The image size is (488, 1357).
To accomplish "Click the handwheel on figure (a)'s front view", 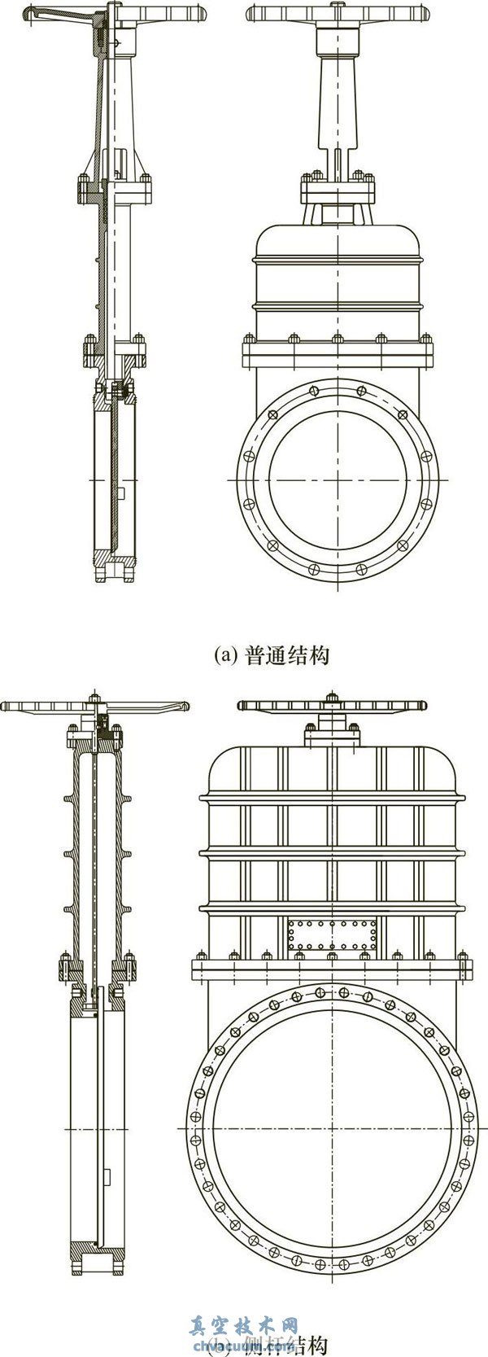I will point(336,14).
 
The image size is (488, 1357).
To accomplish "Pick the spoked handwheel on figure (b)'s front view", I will point(331,705).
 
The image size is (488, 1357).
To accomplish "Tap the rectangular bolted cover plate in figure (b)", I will point(332,935).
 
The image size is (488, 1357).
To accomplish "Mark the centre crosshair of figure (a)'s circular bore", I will point(337,480).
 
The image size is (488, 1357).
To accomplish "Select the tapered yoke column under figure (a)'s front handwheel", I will point(337,98).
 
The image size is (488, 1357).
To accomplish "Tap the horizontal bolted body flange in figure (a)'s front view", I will point(337,356).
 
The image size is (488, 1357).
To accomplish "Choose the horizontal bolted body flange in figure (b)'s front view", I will point(331,970).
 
